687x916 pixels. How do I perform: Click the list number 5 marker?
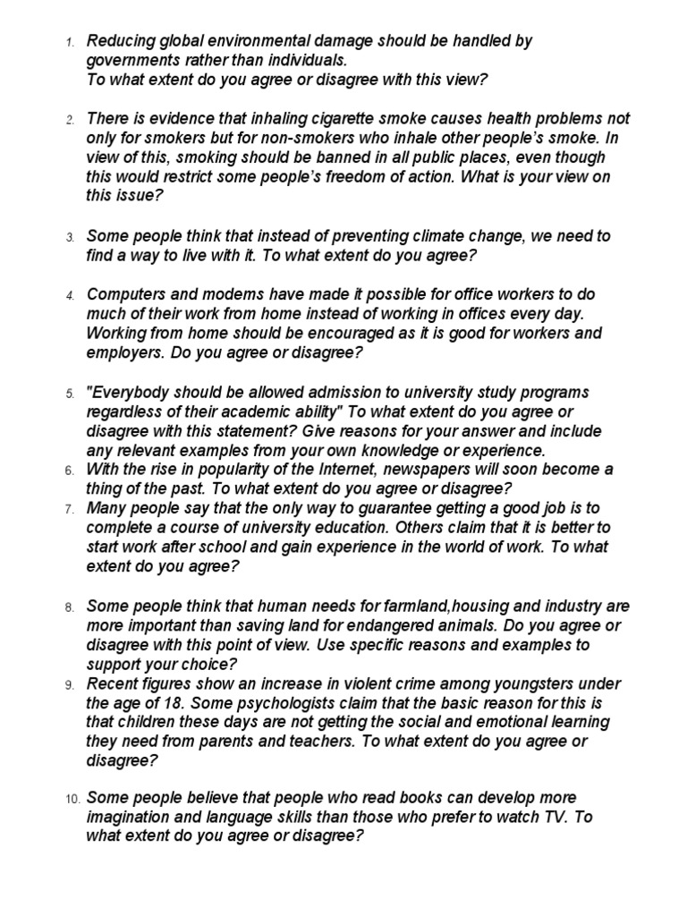pyautogui.click(x=71, y=394)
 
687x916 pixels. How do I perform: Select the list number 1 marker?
pyautogui.click(x=71, y=42)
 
